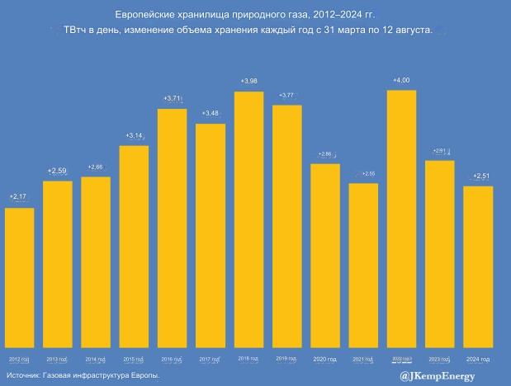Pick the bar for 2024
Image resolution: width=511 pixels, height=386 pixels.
click(478, 266)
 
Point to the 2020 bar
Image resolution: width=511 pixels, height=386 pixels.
click(325, 256)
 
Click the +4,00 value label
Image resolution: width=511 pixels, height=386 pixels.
click(401, 80)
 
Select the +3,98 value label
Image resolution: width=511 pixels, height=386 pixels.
click(248, 81)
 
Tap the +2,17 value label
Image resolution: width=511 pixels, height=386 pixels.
click(18, 197)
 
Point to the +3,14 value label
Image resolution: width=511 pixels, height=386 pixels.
click(134, 135)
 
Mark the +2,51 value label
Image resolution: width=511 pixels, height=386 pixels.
click(479, 176)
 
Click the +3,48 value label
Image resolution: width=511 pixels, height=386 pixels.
click(211, 113)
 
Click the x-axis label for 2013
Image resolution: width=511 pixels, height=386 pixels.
click(57, 360)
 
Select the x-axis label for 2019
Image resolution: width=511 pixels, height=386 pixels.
click(287, 359)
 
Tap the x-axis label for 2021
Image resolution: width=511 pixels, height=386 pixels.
click(363, 360)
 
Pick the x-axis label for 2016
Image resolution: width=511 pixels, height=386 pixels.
click(172, 360)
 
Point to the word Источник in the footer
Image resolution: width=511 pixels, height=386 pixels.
click(23, 376)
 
